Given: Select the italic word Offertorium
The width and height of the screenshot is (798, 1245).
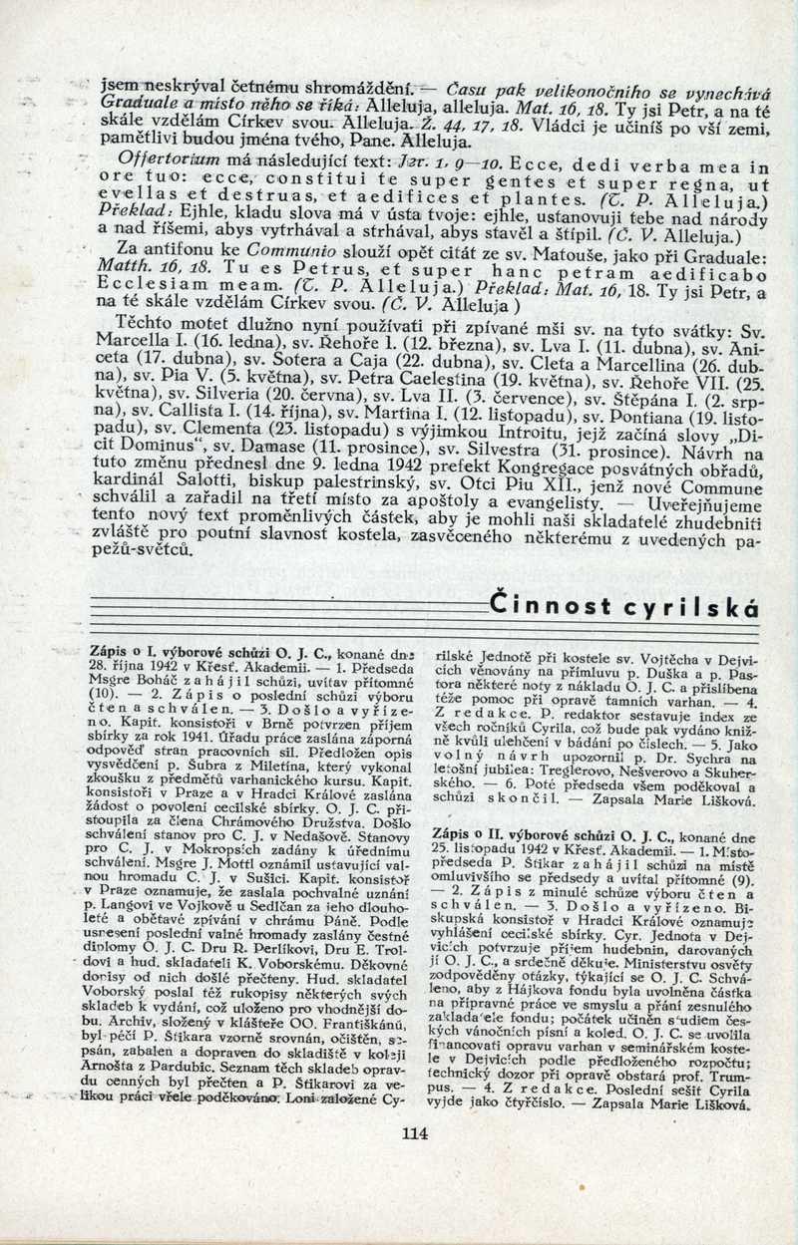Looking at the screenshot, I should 161,157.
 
